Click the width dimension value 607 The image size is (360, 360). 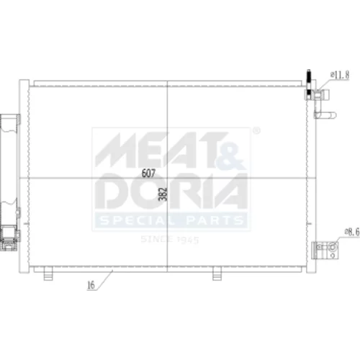coord(148,173)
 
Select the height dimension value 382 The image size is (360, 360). coord(163,194)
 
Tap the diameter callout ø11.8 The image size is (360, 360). coord(340,76)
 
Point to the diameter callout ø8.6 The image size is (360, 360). coord(352,232)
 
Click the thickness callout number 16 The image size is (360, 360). coord(91,285)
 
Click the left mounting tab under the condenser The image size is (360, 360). coord(48,274)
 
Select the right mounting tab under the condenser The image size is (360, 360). coord(217,274)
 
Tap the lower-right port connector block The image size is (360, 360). coord(325,251)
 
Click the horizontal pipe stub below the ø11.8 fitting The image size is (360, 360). coord(325,115)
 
